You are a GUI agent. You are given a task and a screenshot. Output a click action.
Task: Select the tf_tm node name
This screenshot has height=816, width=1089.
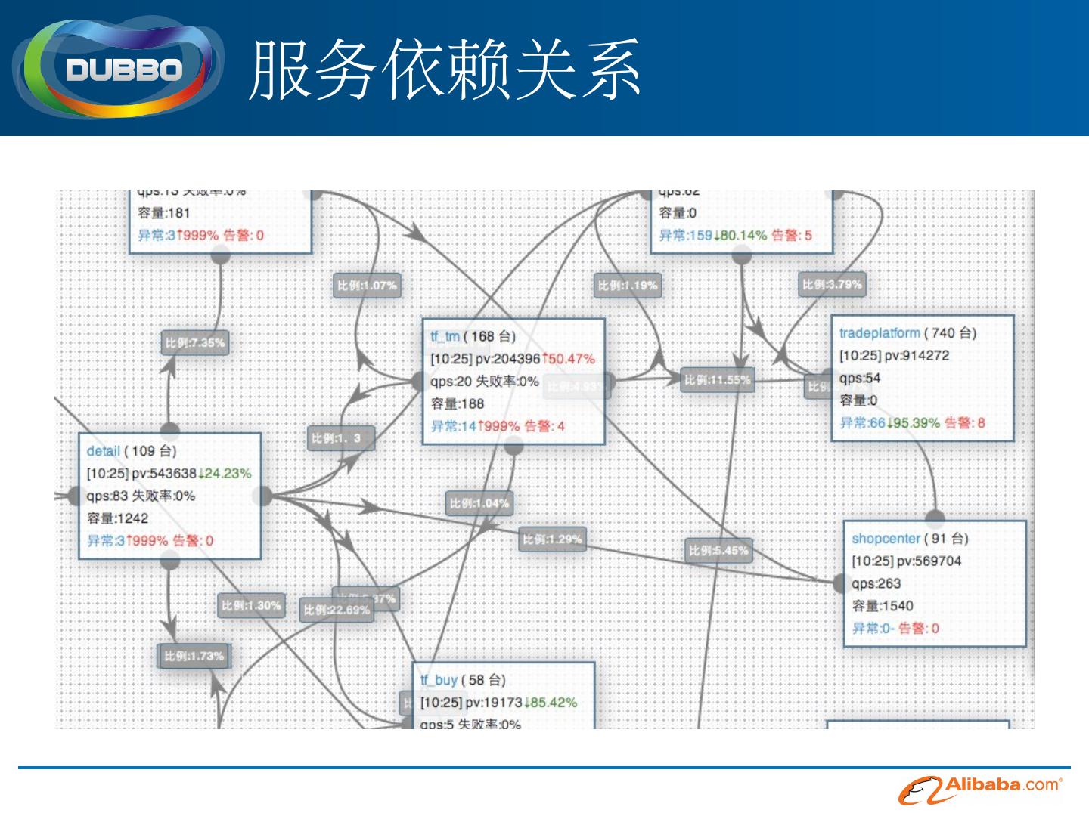point(445,337)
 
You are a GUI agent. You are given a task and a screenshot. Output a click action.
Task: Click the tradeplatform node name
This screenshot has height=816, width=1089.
point(880,333)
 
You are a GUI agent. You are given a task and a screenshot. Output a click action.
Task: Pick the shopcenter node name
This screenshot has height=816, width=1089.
point(886,539)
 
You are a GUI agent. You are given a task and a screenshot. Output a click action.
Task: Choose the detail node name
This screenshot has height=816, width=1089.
point(104,451)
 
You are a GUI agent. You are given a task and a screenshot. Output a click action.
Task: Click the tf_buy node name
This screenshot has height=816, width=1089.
point(439,680)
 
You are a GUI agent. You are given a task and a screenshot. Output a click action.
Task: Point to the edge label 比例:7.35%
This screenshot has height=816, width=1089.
point(195,343)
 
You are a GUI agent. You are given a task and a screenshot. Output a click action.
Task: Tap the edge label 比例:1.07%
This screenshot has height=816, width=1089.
point(367,286)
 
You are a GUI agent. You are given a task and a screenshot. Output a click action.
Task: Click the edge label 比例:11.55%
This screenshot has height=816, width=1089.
point(717,380)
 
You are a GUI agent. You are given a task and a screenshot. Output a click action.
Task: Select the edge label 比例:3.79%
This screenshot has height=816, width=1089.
point(832,285)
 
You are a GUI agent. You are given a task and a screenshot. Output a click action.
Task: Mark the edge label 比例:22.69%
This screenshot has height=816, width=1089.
point(337,610)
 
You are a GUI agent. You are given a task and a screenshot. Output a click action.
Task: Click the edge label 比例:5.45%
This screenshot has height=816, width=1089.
point(718,551)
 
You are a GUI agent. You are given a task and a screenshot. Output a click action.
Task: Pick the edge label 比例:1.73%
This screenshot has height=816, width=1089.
point(194,656)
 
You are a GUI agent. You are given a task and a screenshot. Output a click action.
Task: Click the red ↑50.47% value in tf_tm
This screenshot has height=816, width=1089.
point(568,359)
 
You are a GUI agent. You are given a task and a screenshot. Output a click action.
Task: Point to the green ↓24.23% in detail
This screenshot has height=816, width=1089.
point(225,474)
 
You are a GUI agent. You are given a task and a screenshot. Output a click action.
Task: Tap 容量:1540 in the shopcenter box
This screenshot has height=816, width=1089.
point(883,606)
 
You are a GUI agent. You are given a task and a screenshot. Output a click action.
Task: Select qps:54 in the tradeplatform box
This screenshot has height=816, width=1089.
point(860,379)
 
